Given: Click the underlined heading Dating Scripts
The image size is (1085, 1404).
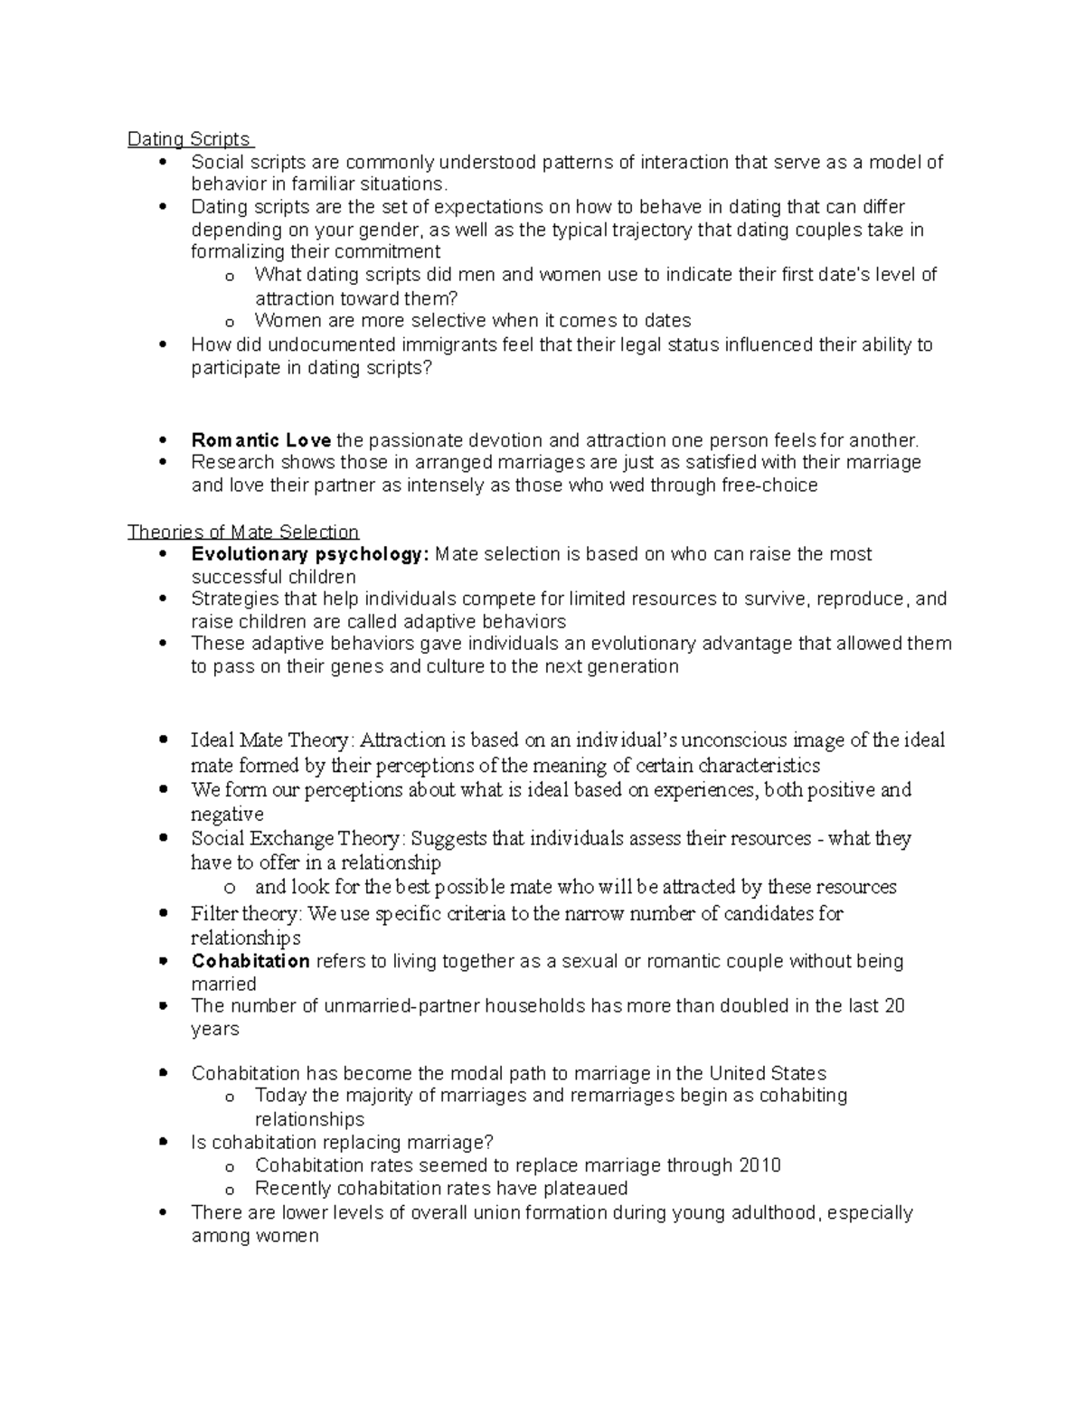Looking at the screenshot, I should coord(189,139).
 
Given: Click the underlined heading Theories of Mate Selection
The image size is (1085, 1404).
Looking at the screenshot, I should coord(243,532).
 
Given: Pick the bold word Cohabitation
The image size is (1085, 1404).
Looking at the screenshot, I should coord(250,961).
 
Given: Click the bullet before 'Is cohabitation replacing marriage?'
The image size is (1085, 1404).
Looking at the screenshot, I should coord(163,1143).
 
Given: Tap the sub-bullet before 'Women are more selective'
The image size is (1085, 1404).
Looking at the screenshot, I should coord(229,322).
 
